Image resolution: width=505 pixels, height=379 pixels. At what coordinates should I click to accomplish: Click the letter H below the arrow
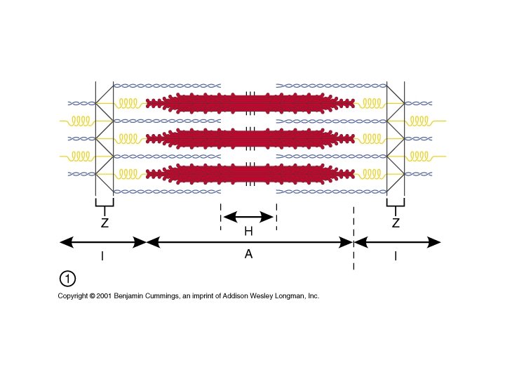pos(248,231)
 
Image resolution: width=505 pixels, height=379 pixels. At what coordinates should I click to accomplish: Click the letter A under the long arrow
pos(248,254)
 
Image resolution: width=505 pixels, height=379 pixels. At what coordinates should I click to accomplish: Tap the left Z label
pos(104,224)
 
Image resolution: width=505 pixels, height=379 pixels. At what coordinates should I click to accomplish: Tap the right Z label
pos(396,224)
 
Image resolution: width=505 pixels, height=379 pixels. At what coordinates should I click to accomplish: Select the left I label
pos(102,257)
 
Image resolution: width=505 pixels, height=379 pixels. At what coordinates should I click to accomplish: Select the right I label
pos(395,257)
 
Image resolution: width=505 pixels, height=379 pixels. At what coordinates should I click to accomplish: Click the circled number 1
pos(67,279)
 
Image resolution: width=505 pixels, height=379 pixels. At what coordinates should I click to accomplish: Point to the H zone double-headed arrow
pos(248,216)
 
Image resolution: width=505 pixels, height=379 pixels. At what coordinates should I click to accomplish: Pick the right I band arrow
pos(398,242)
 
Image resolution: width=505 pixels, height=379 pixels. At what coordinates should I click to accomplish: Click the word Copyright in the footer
pos(73,296)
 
